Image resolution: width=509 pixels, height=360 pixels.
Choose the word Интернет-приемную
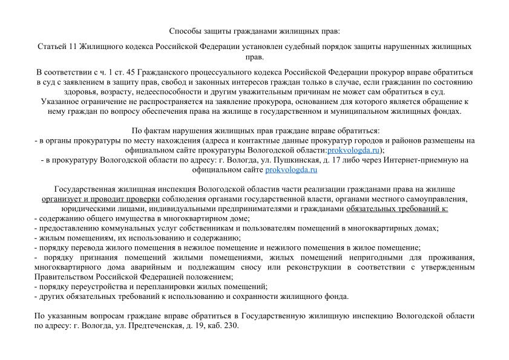[x=423, y=160]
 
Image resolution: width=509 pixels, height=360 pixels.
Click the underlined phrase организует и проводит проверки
[x=100, y=199]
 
